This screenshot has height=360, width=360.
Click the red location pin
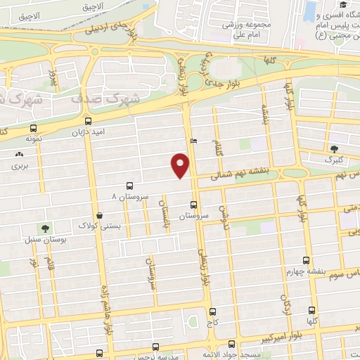click(x=180, y=165)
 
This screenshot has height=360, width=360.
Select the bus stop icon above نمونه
click(x=33, y=129)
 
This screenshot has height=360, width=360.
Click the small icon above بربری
click(x=18, y=155)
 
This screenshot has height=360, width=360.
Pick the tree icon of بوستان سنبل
click(x=46, y=229)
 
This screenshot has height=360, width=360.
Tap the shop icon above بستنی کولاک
click(x=98, y=216)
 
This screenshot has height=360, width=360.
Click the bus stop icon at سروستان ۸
click(x=129, y=186)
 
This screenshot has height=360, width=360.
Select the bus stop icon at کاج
click(x=212, y=311)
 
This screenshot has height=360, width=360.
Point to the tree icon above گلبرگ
click(x=334, y=148)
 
